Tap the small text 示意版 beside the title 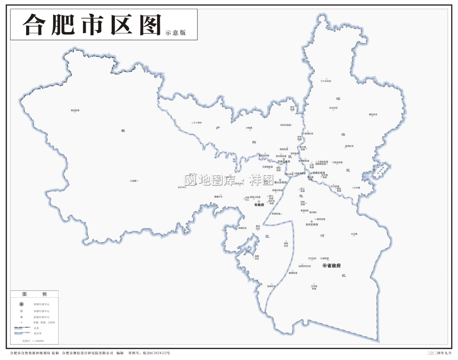[175, 33]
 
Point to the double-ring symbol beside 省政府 [325, 266]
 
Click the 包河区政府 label [311, 224]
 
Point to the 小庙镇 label [133, 181]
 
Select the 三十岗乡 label [197, 123]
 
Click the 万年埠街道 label [314, 287]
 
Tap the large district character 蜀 [123, 131]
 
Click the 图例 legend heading [35, 294]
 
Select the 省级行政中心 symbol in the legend [21, 304]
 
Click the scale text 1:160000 [35, 341]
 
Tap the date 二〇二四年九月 [439, 353]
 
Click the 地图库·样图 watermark [229, 180]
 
